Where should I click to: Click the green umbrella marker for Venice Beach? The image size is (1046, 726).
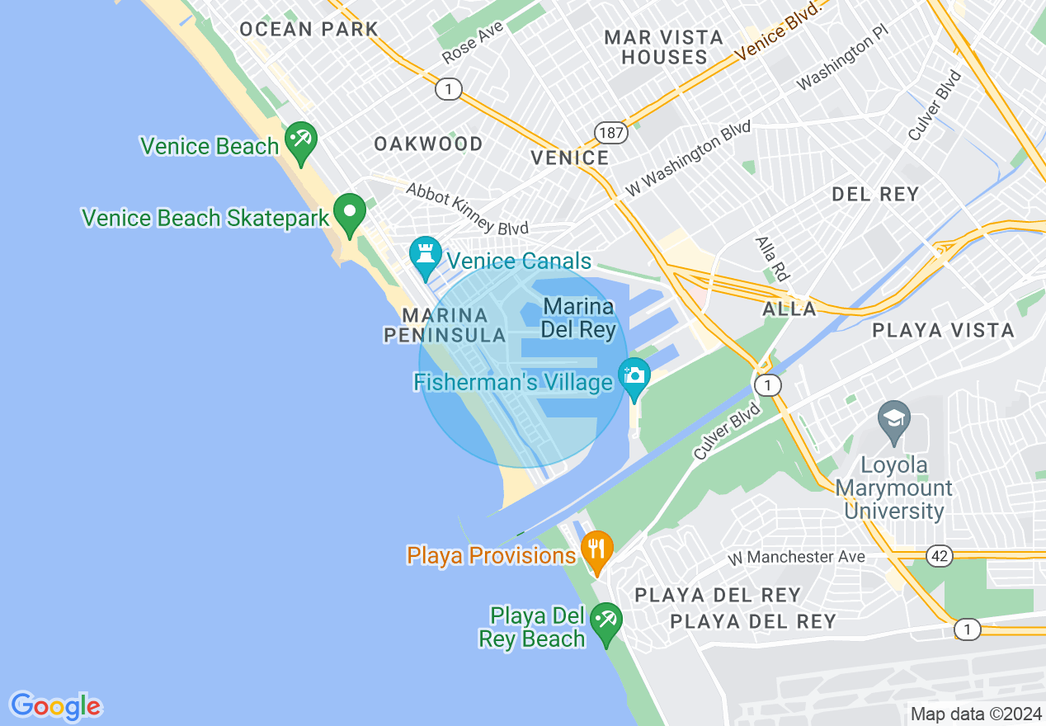coord(299,139)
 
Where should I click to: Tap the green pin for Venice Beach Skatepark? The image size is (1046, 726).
coord(350,211)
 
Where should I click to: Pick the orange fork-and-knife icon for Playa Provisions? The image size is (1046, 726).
coord(596,547)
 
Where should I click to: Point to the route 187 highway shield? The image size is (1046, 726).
coord(612,132)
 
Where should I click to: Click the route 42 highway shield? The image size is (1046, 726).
coord(939,556)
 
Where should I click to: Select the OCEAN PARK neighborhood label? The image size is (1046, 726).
coord(309,30)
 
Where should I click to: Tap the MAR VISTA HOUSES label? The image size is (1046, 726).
coord(664,47)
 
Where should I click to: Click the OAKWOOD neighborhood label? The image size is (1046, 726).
coord(428,144)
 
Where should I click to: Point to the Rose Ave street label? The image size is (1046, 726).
coord(473,44)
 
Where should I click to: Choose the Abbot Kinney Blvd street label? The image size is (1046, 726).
coord(467,209)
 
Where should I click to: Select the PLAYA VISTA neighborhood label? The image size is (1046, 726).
coord(943,331)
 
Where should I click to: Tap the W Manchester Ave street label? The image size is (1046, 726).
coord(796,558)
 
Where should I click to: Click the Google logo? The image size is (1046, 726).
coord(55,706)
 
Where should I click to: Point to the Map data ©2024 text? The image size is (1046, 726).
coord(976,714)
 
